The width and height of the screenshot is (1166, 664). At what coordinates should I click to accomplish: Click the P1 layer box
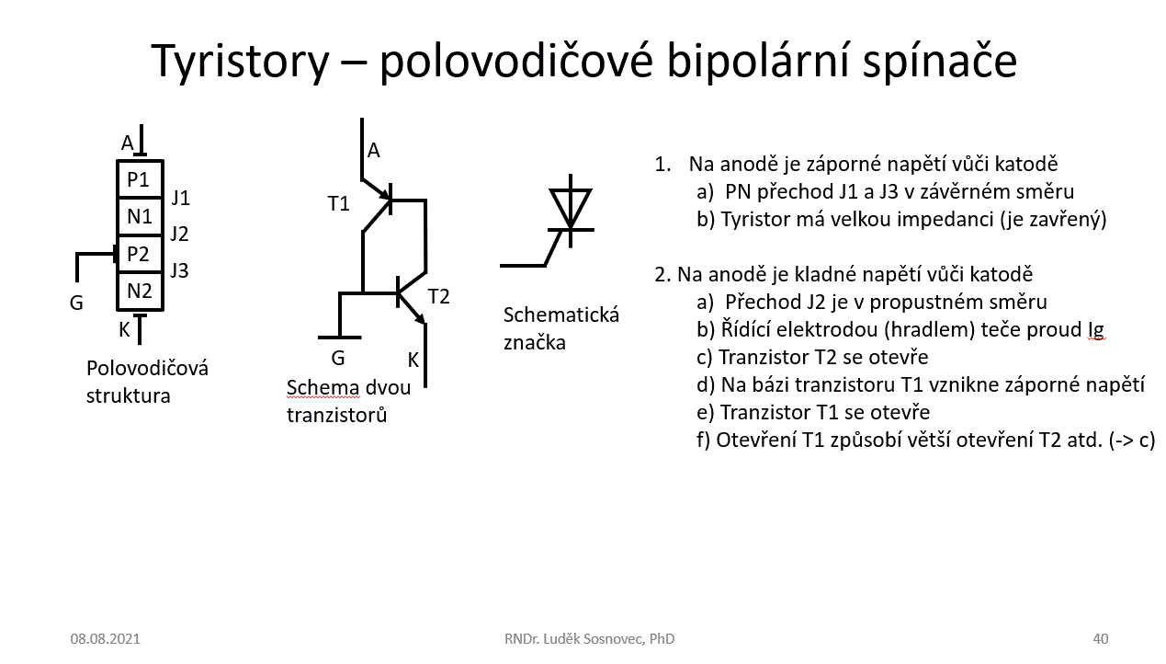139,179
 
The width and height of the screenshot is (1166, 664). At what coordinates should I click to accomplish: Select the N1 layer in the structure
139,217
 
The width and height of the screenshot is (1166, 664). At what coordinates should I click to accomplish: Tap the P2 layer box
139,254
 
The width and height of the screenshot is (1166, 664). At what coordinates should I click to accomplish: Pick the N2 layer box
139,292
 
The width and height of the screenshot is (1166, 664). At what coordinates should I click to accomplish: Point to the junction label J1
180,198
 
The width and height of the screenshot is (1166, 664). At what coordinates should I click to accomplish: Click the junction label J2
179,235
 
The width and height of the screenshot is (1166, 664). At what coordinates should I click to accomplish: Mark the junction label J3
179,271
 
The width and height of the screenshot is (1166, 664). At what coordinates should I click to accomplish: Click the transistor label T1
339,204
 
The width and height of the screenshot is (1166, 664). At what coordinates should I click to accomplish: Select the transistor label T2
439,296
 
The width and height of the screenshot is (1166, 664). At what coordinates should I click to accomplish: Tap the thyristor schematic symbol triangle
570,207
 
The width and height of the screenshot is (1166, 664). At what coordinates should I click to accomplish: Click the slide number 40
1101,638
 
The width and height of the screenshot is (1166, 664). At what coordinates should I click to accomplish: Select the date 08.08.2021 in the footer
105,638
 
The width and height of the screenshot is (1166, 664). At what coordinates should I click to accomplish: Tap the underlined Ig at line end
1094,330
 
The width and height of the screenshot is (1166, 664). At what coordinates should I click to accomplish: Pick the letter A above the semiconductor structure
128,143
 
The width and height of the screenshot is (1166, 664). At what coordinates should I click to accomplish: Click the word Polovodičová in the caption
147,369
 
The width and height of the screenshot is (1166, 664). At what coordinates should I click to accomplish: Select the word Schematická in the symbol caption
561,315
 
